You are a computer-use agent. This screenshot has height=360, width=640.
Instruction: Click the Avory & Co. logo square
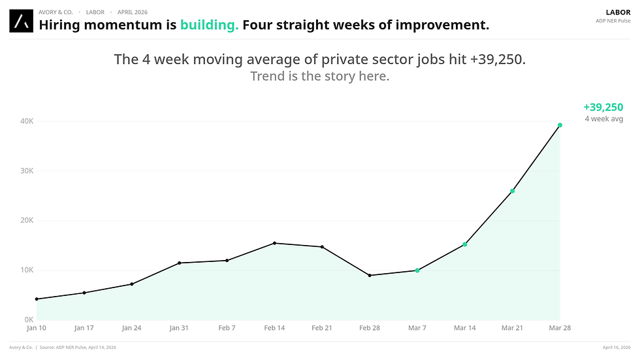(x=21, y=21)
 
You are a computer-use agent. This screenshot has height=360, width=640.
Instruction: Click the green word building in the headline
(x=209, y=25)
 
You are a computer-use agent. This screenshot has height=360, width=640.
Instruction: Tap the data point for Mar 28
(x=560, y=125)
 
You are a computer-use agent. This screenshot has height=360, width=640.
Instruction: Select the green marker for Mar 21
(x=512, y=191)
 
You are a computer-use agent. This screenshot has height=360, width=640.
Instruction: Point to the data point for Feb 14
(x=274, y=243)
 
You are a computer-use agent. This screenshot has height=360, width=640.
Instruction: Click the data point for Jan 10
(x=37, y=299)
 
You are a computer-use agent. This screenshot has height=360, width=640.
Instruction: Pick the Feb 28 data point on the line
(x=370, y=275)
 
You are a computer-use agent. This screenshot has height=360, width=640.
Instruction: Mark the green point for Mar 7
(x=417, y=270)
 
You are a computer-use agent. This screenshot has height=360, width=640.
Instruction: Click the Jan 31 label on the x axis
(x=180, y=328)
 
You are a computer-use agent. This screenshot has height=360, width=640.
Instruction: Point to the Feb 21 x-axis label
(x=322, y=328)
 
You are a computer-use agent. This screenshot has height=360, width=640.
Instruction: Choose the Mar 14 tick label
(x=465, y=328)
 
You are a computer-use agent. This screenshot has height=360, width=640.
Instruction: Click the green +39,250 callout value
(x=603, y=108)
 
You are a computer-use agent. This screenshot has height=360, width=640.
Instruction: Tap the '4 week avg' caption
(x=603, y=119)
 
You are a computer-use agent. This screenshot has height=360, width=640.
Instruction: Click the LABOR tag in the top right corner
(x=618, y=12)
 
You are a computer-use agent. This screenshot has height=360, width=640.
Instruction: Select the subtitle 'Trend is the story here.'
(x=319, y=76)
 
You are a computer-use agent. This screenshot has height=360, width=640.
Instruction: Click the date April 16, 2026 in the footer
(x=616, y=347)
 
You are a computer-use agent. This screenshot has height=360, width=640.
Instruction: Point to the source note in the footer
(x=79, y=347)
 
